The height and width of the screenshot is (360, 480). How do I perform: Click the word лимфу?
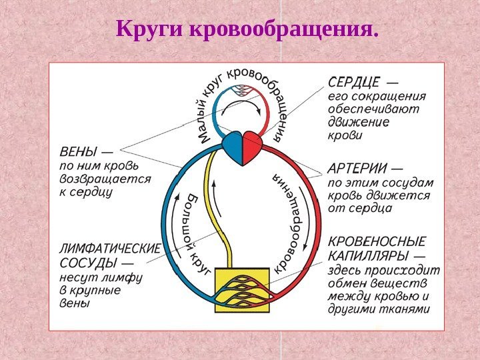(125, 277)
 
